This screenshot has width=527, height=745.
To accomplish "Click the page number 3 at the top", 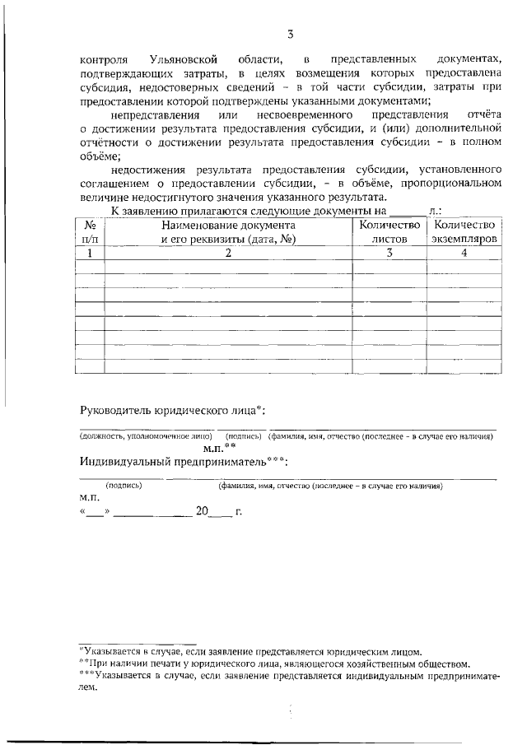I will point(291,34).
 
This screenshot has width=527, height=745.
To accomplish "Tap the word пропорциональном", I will point(445,184).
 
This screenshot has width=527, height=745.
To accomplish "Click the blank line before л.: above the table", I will point(408,212).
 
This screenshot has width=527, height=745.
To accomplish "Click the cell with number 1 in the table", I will point(90,254).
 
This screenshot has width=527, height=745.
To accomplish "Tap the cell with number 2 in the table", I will point(228,254).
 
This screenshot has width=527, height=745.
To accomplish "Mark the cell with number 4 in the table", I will point(464,254).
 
